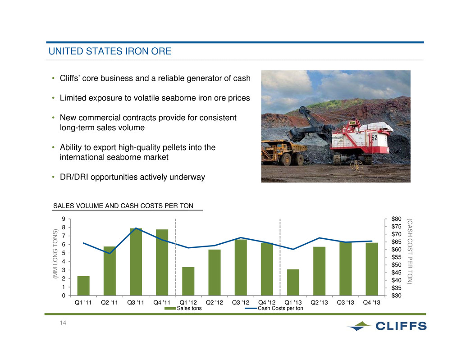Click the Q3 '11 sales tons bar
tap(136, 262)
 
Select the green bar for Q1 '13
tap(293, 283)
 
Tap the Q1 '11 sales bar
tap(83, 286)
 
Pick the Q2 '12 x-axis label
tap(214, 302)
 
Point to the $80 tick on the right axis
tap(397, 219)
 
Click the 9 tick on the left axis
tap(64, 219)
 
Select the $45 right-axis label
tap(397, 273)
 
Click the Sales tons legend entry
tap(183, 308)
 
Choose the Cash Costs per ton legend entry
tap(274, 308)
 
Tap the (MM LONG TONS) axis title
tap(55, 254)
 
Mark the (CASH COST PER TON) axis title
tap(410, 251)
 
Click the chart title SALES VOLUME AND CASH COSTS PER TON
tap(123, 206)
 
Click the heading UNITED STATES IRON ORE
tap(110, 51)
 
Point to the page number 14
tap(63, 323)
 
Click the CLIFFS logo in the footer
tap(387, 326)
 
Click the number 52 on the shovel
tap(375, 138)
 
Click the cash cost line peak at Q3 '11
tap(136, 228)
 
